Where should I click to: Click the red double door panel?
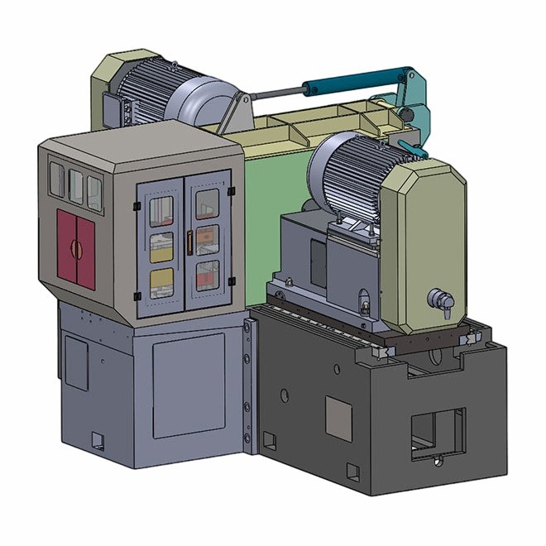click(75, 248)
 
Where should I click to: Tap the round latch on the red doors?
click(75, 247)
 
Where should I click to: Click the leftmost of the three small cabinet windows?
click(56, 180)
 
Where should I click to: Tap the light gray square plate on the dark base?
click(338, 416)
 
